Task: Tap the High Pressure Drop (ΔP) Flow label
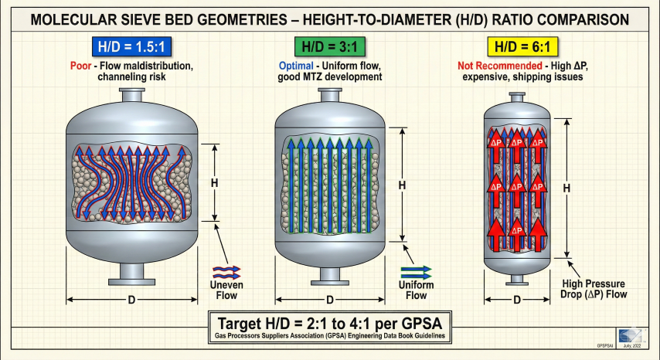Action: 594,287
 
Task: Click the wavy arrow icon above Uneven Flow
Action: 226,270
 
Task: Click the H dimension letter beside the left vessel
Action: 214,183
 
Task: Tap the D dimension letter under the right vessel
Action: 516,300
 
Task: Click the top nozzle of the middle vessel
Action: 330,97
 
